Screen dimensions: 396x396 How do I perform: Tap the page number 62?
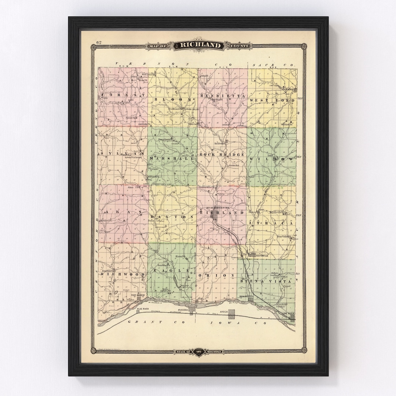(x=99, y=42)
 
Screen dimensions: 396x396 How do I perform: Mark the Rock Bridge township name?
(x=222, y=155)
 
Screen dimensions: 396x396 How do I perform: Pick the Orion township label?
(x=222, y=275)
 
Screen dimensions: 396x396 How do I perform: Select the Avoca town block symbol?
(x=232, y=313)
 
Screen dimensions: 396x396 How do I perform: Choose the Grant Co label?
(x=148, y=322)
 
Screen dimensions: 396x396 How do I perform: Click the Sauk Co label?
(x=280, y=65)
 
